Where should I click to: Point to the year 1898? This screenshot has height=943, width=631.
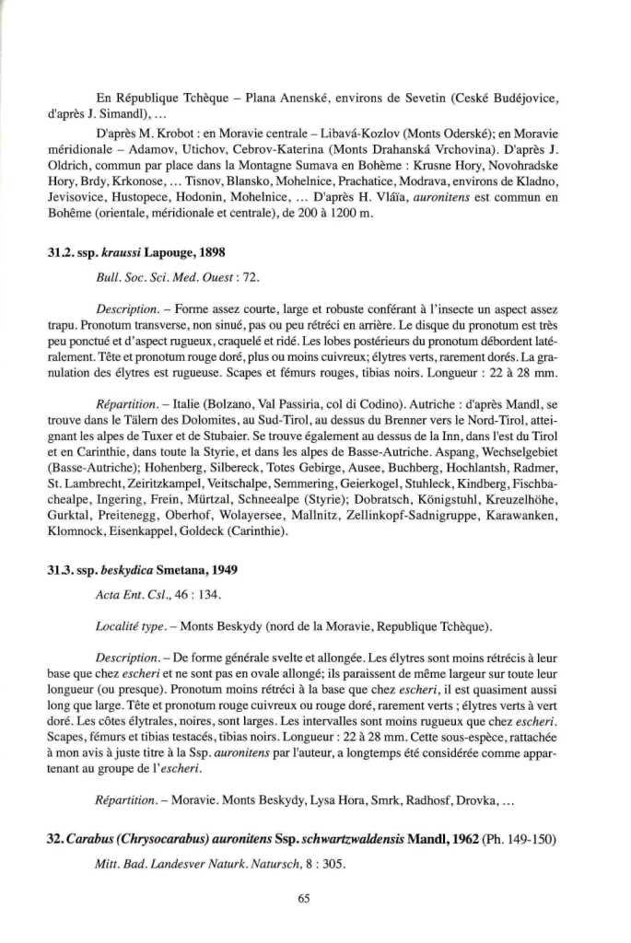coord(208,251)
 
